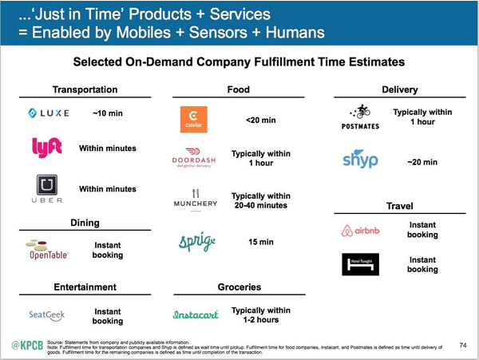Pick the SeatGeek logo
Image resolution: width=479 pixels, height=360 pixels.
pyautogui.click(x=49, y=315)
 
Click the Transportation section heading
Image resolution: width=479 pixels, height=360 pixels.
pyautogui.click(x=85, y=89)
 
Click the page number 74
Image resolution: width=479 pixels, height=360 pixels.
pyautogui.click(x=463, y=345)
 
